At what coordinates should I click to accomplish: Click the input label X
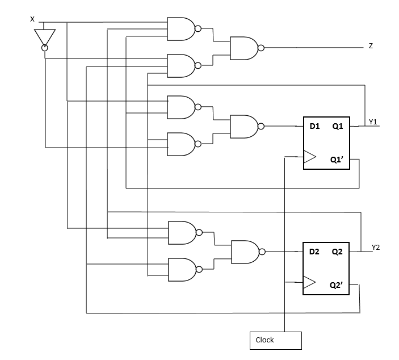[32, 19]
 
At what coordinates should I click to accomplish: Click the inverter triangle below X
[44, 37]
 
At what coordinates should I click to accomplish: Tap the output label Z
[371, 46]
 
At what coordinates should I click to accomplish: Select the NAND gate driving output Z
[243, 48]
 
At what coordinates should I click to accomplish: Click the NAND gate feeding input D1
[243, 126]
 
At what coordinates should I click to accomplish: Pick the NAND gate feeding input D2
[245, 251]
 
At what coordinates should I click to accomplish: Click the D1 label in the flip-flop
[315, 127]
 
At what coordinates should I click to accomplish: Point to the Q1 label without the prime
[338, 127]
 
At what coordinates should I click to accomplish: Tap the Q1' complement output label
[339, 160]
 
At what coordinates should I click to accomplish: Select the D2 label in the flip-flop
[315, 252]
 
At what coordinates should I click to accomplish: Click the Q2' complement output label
[339, 284]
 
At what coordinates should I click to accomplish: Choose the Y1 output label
[373, 122]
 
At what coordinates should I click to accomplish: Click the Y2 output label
[375, 246]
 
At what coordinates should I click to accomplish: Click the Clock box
[275, 340]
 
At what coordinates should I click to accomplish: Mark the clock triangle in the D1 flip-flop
[308, 157]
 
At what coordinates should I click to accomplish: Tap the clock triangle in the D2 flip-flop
[308, 282]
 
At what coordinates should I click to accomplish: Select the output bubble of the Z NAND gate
[261, 48]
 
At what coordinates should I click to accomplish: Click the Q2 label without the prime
[338, 252]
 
